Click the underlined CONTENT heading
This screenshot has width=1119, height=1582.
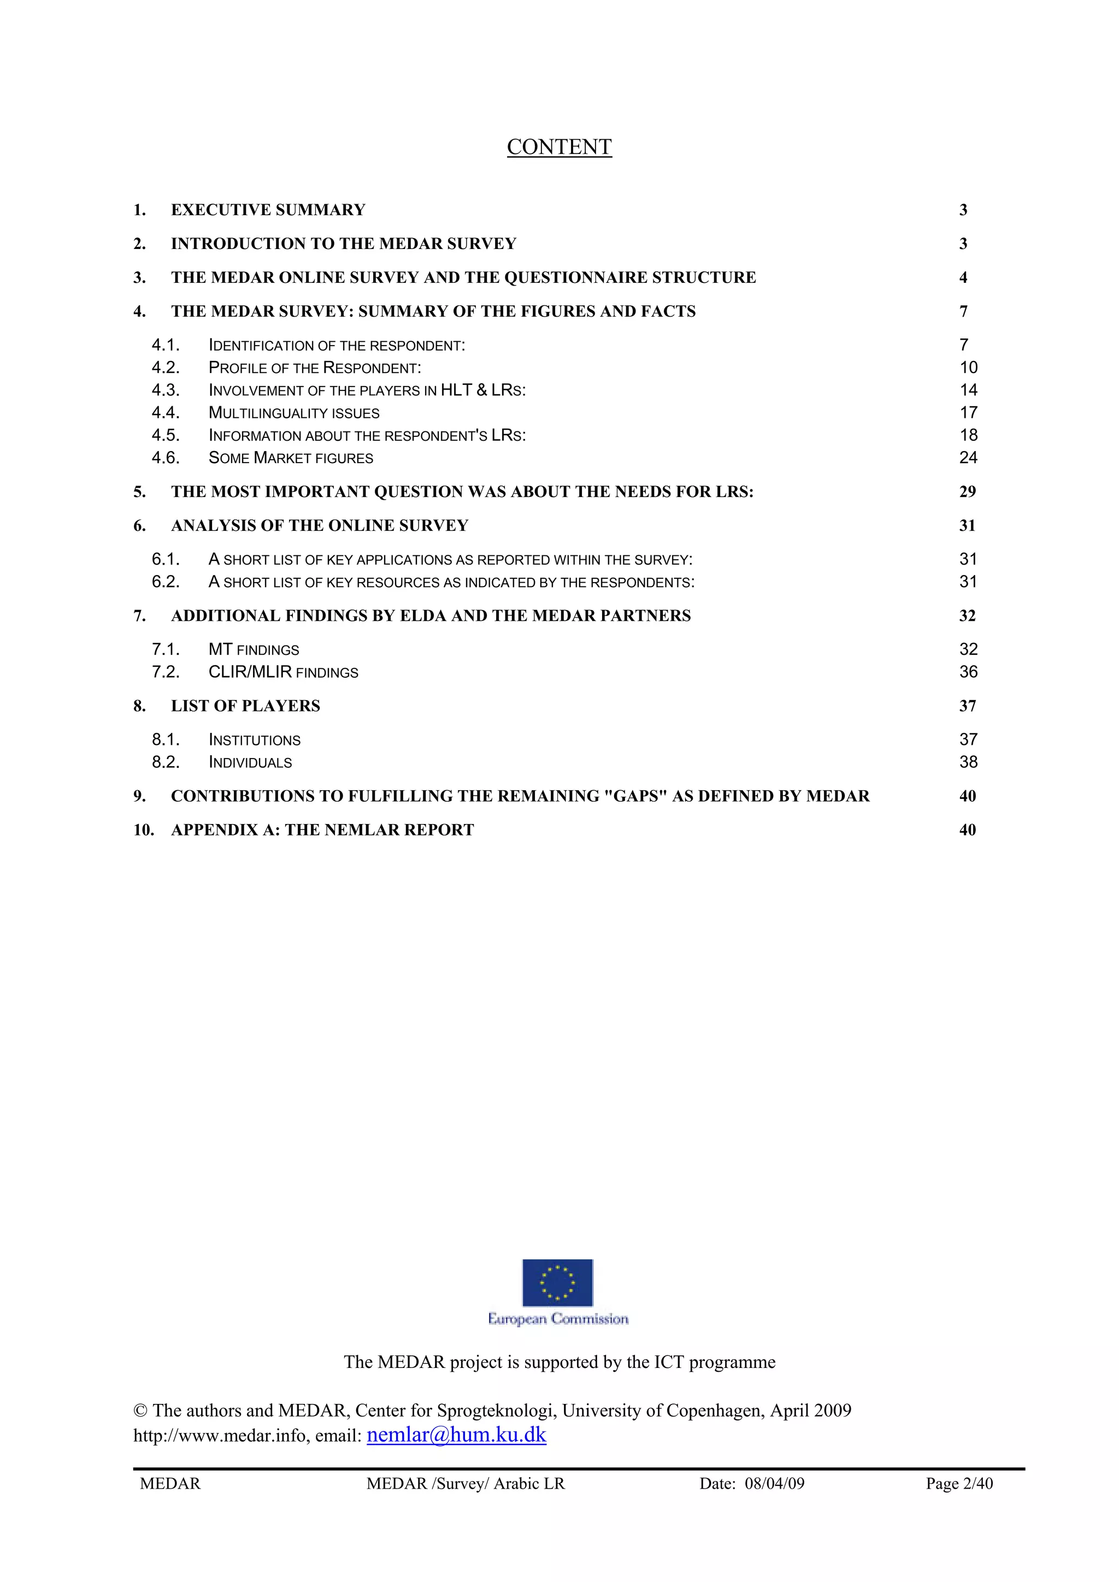click(559, 147)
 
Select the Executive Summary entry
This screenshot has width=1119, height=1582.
click(268, 210)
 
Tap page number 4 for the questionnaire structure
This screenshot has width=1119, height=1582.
click(963, 277)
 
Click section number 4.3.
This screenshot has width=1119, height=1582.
click(166, 390)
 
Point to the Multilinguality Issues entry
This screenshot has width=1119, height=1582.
click(294, 413)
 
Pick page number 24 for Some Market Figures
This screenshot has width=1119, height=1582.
click(968, 458)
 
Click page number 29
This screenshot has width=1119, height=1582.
click(967, 491)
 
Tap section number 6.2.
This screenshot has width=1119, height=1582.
click(166, 582)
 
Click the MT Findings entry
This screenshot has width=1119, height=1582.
click(254, 649)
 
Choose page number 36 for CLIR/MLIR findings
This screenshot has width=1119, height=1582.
click(968, 672)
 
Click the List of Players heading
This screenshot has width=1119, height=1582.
click(245, 706)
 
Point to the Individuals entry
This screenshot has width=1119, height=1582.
click(250, 762)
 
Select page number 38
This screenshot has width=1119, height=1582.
click(968, 762)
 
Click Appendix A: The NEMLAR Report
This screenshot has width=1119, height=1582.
click(322, 829)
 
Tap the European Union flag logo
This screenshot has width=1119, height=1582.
click(557, 1282)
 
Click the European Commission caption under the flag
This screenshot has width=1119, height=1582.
click(558, 1319)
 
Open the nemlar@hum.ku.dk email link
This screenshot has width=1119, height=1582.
click(456, 1435)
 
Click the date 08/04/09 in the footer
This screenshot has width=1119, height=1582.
click(774, 1484)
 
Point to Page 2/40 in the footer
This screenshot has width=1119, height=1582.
click(959, 1484)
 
